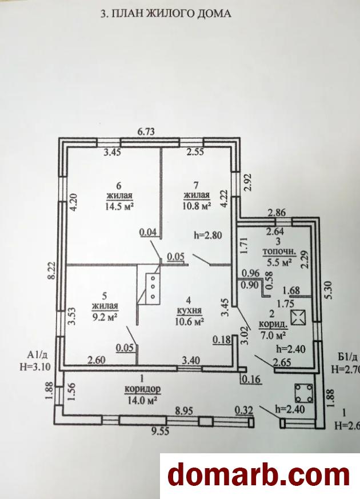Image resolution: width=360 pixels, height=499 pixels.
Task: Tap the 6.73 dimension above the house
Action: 147,131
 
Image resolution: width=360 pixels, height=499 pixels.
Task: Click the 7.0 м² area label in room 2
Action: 276,333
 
